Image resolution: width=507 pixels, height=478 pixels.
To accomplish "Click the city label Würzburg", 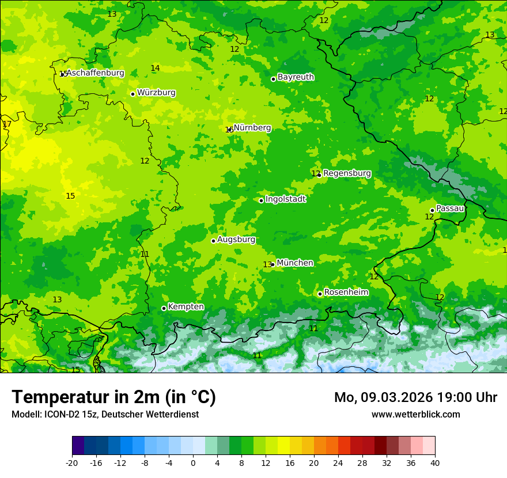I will [156, 93].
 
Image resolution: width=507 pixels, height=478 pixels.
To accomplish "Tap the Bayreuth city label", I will [296, 77].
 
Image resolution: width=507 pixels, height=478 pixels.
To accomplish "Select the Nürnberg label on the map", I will [252, 128].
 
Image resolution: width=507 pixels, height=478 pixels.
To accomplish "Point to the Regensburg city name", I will [347, 173].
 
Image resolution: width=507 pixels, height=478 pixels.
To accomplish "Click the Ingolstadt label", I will [285, 199].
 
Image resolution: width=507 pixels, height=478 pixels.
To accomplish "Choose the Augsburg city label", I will [236, 240].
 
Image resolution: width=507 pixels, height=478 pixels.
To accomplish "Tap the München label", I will [295, 263].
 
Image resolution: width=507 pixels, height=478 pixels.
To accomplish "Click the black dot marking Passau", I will [432, 210].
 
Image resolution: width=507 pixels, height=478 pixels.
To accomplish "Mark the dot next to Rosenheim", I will [320, 294].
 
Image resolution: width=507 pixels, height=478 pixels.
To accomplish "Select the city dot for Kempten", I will [164, 308].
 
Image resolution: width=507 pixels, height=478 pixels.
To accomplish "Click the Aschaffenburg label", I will [96, 73].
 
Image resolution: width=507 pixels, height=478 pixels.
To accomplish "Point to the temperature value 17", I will [7, 124].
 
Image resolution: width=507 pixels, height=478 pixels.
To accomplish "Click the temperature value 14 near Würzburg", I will [155, 69].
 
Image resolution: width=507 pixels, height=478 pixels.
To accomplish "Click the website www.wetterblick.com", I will [415, 415].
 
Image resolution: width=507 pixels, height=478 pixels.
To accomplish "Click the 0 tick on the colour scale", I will [193, 462].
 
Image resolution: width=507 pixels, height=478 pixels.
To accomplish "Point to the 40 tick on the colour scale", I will [434, 462].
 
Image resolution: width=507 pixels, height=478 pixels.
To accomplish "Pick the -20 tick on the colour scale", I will [72, 462].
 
